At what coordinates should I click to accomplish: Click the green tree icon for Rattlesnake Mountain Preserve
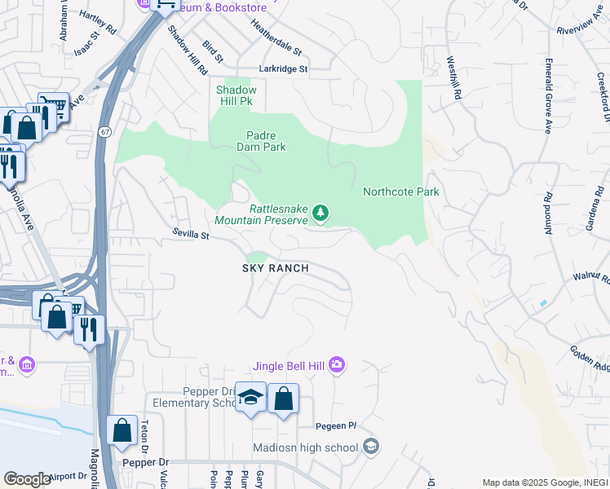[320, 214]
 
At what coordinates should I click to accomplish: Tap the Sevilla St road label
[191, 234]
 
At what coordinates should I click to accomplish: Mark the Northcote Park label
[400, 192]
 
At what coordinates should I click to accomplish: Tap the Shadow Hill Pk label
[236, 95]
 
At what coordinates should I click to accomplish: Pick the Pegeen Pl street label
[337, 426]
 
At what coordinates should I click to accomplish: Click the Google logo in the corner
[27, 479]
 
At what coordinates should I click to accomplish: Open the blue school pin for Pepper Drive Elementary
[250, 399]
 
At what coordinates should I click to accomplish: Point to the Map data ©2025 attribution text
[545, 482]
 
